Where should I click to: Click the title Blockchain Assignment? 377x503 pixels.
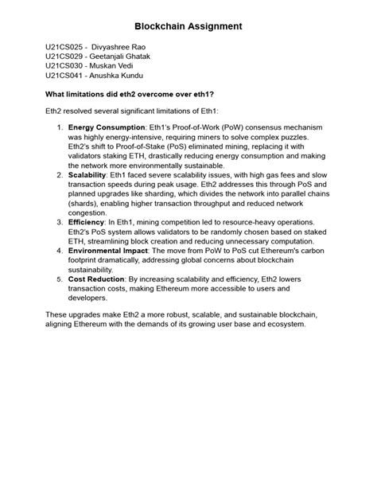click(x=188, y=26)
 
